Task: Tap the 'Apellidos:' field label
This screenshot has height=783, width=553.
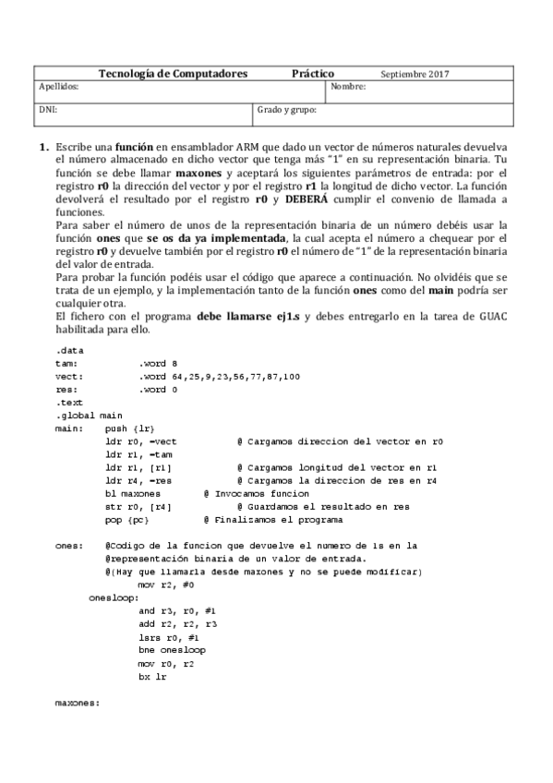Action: [x=58, y=87]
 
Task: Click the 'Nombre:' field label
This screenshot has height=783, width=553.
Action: [x=348, y=87]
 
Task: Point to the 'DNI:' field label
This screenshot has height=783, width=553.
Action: [x=48, y=109]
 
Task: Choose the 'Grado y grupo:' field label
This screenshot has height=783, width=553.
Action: [x=287, y=109]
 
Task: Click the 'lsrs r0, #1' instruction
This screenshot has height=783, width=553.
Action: [x=164, y=637]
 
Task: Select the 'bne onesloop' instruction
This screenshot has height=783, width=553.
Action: [x=172, y=650]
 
